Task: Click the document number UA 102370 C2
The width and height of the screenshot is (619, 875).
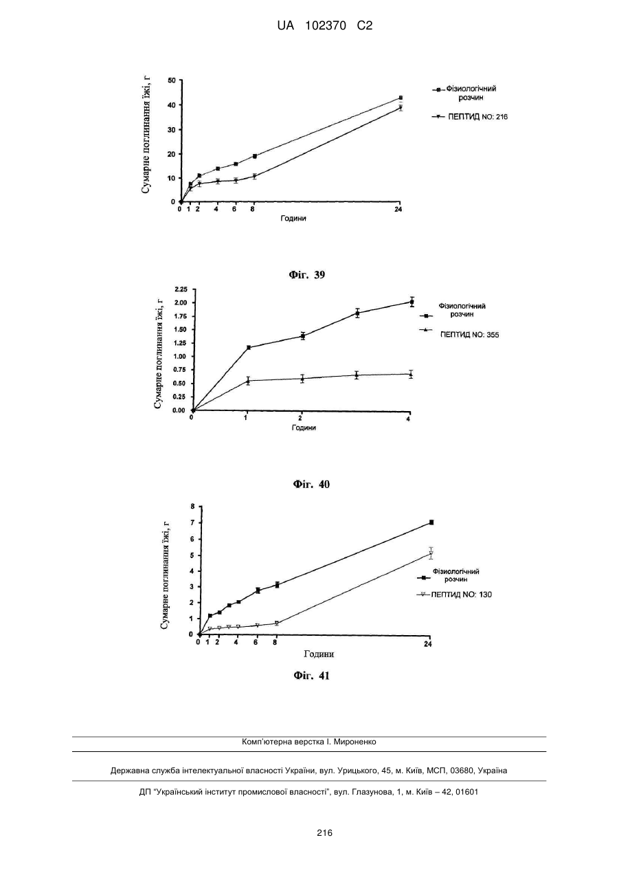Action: pos(324,26)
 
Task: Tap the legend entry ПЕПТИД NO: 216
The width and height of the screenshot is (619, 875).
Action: pos(477,117)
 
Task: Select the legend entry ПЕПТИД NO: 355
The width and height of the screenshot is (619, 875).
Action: pos(469,335)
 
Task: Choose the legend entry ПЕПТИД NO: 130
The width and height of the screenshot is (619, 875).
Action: pos(461,595)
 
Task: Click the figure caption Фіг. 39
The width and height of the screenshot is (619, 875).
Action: pos(307,275)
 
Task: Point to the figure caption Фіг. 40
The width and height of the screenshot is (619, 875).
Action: pos(311,485)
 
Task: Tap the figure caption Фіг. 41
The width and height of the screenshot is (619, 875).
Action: pos(311,676)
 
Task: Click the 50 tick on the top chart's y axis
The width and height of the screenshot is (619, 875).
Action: pos(172,80)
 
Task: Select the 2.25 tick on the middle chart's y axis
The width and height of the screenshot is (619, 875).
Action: pos(181,289)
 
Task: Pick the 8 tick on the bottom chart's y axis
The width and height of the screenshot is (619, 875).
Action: pos(192,507)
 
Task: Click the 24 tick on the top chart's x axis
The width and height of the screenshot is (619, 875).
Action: pos(398,210)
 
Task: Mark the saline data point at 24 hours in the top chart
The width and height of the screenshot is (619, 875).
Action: pos(401,98)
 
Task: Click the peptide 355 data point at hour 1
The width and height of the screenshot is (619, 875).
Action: pos(248,381)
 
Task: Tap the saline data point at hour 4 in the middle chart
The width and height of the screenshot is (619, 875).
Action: pos(412,302)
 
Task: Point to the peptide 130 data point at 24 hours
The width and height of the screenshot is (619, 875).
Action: pos(431,553)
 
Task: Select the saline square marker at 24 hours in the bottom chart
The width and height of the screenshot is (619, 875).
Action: pos(431,522)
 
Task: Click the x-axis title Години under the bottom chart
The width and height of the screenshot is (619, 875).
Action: pos(319,654)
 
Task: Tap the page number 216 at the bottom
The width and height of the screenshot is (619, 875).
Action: pos(324,833)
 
